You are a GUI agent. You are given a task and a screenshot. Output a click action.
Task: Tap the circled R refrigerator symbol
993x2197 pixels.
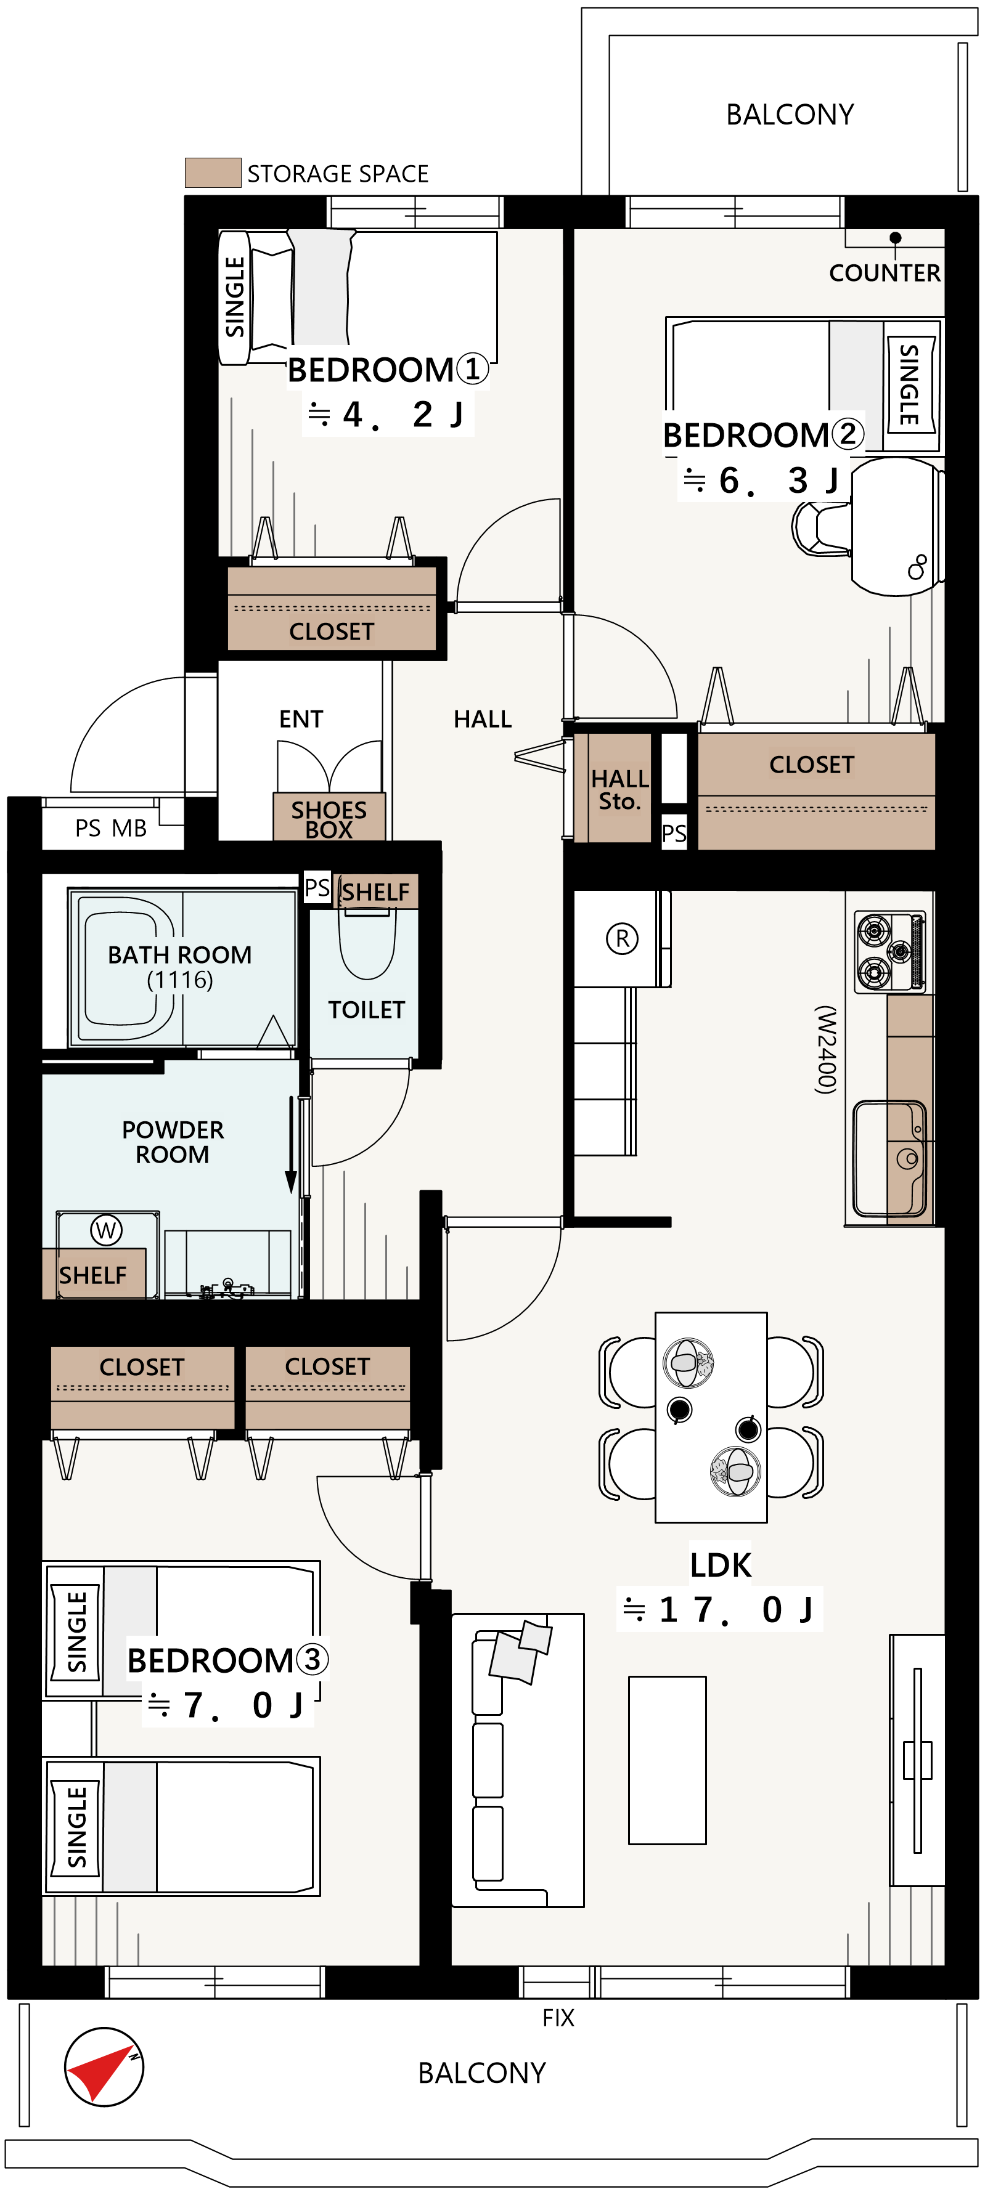click(x=622, y=938)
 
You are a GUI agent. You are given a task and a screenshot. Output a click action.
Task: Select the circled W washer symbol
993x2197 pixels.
click(x=106, y=1230)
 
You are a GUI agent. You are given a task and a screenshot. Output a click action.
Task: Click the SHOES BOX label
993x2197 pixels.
click(x=329, y=819)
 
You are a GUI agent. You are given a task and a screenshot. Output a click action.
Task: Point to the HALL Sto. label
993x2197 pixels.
click(x=619, y=790)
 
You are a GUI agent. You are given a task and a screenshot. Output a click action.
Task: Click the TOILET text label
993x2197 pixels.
click(x=366, y=1010)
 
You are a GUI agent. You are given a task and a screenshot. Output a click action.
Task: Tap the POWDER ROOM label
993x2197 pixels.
click(x=173, y=1142)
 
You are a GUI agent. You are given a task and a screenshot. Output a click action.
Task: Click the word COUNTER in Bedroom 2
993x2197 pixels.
click(x=885, y=273)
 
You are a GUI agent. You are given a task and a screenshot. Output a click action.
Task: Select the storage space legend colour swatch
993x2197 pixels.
click(x=213, y=173)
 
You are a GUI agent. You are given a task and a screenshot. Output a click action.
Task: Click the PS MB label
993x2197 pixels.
click(x=111, y=828)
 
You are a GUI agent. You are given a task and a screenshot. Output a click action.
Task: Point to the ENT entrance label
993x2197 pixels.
click(x=301, y=719)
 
